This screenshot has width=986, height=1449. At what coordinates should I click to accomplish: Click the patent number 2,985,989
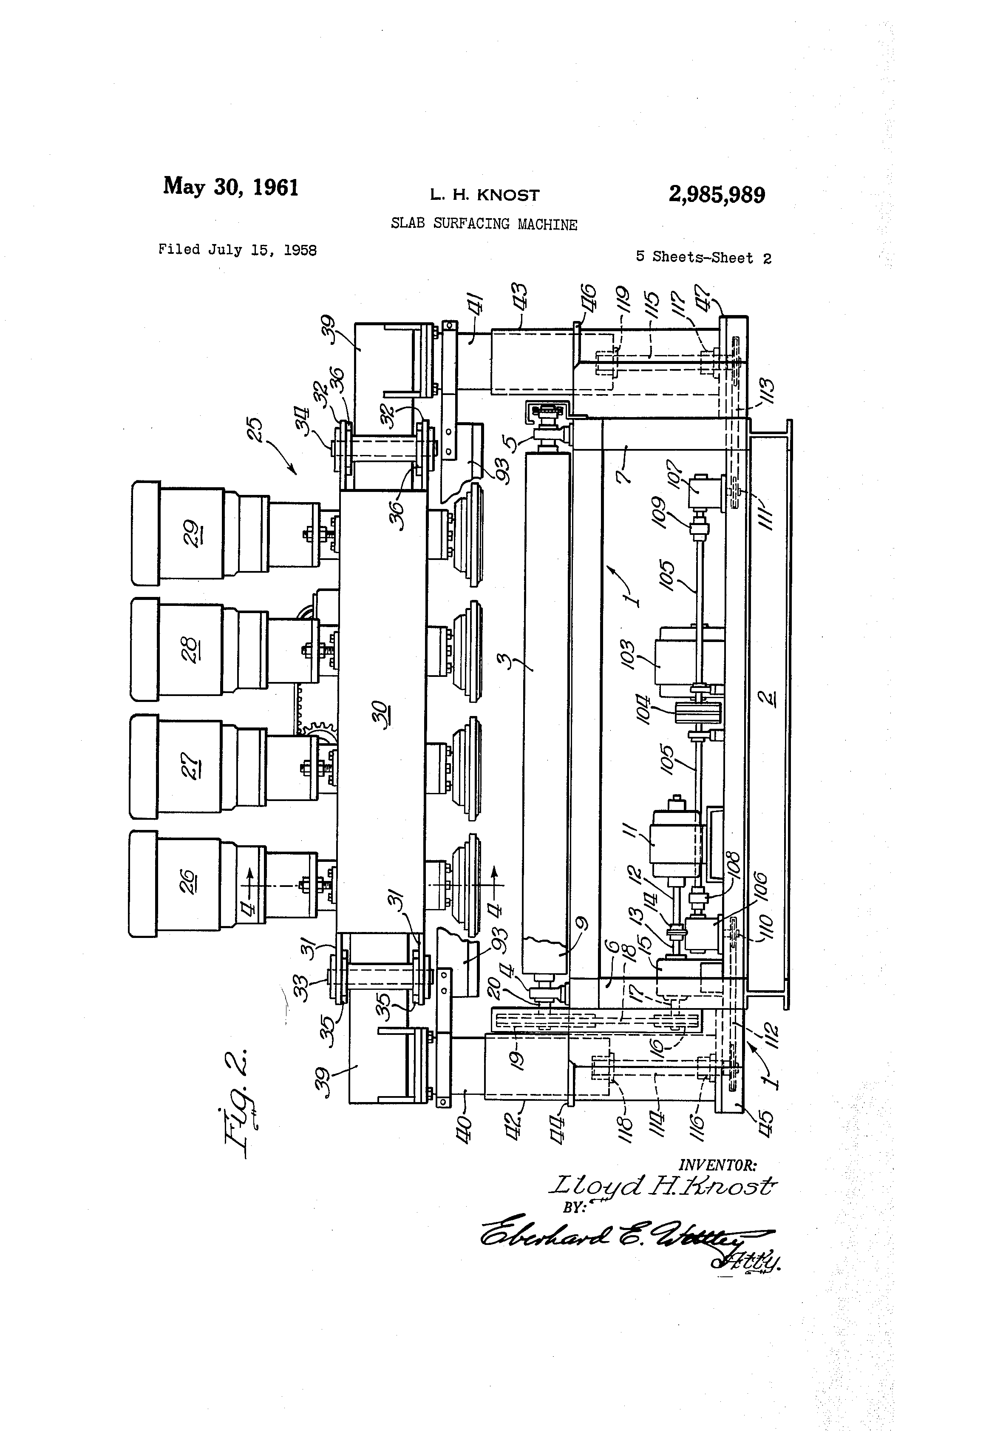716,195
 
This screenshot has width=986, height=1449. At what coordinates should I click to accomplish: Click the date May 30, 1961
231,186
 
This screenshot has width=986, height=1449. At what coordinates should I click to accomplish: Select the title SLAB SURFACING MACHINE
484,224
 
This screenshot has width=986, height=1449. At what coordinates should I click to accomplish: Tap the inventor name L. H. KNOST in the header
484,195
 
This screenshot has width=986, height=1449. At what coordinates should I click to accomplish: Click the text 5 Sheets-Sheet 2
703,258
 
